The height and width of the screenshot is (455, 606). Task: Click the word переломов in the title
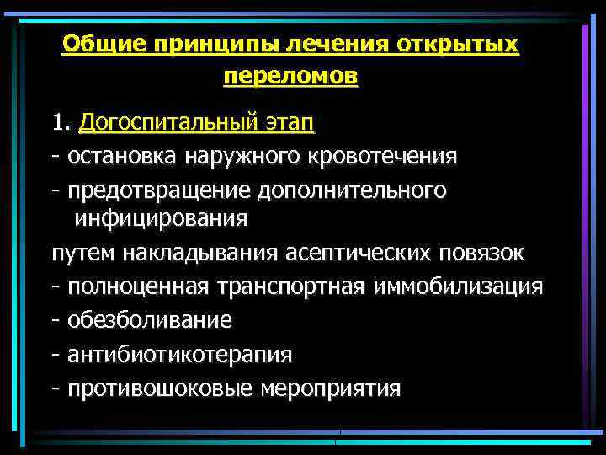(x=290, y=76)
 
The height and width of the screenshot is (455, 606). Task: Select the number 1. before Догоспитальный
(x=61, y=124)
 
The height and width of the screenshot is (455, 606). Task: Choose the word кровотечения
(x=380, y=157)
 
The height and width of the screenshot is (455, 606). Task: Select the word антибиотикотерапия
(x=180, y=355)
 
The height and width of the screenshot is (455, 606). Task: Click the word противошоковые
(x=160, y=388)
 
